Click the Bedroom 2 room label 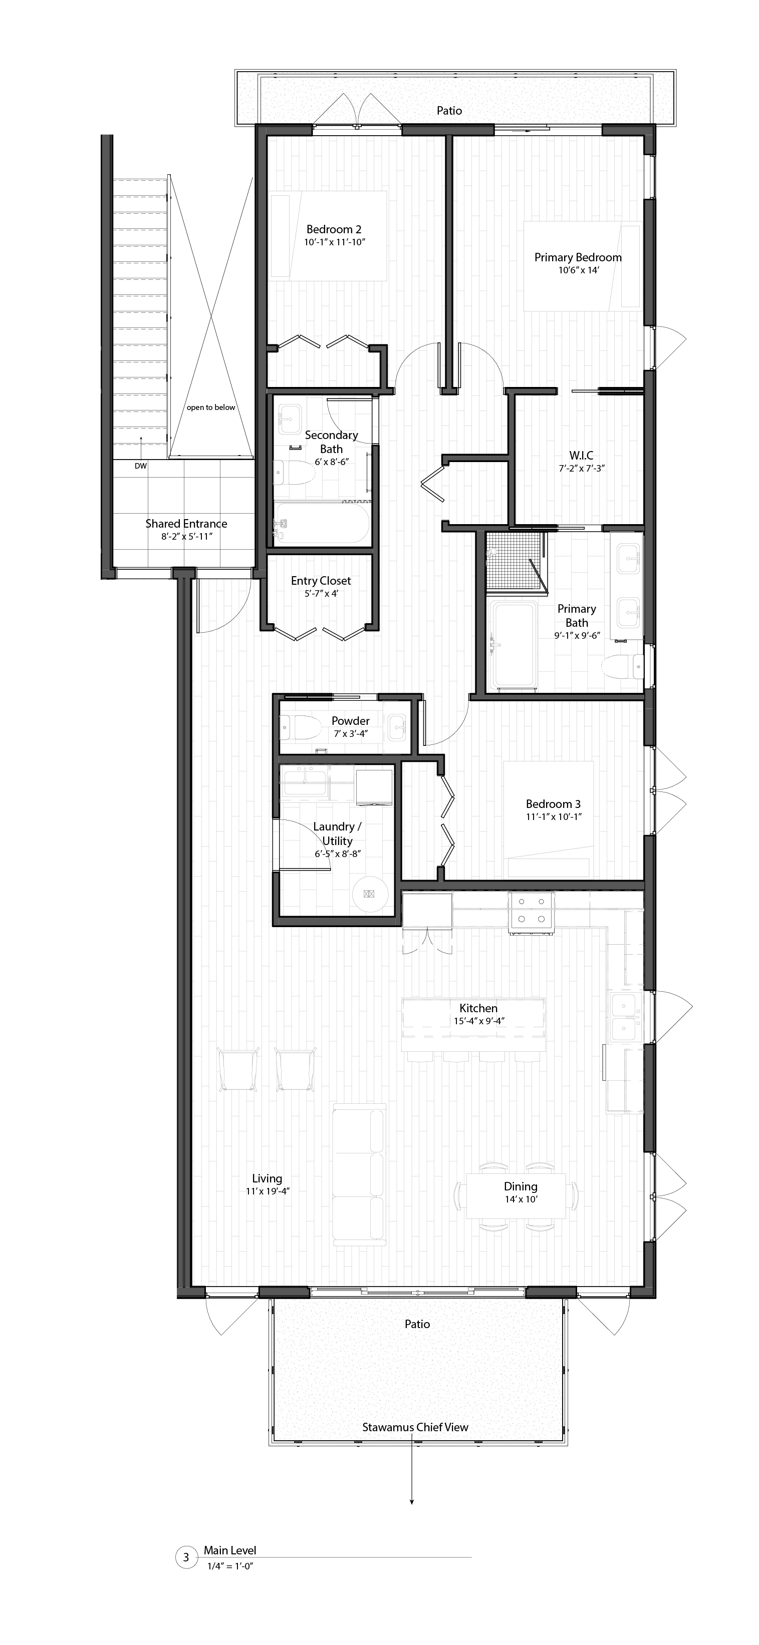(x=334, y=229)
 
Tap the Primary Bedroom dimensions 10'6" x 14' (x=578, y=271)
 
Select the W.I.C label (x=581, y=456)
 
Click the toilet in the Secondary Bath (x=293, y=473)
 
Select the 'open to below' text (x=211, y=407)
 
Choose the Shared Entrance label (x=186, y=524)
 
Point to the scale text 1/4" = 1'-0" (x=230, y=1566)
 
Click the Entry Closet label (x=320, y=581)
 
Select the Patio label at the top (x=449, y=111)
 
